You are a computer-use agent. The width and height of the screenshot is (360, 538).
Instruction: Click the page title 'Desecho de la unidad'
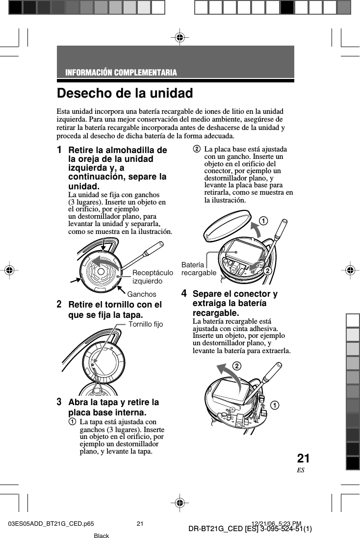click(x=125, y=93)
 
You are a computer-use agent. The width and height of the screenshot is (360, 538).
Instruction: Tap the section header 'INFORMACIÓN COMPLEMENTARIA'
click(x=121, y=73)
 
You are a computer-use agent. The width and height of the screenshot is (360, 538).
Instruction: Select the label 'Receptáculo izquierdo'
click(x=153, y=277)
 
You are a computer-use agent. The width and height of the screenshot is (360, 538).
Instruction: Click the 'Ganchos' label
click(x=142, y=294)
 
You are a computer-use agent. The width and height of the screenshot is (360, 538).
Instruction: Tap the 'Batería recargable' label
click(x=199, y=269)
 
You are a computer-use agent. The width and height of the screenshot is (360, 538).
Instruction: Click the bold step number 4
click(x=184, y=294)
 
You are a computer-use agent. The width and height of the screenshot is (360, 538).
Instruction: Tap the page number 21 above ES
click(x=303, y=459)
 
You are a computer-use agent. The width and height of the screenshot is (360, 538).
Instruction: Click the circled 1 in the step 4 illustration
click(x=273, y=405)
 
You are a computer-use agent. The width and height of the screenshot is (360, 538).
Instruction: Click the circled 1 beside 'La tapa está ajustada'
click(x=72, y=422)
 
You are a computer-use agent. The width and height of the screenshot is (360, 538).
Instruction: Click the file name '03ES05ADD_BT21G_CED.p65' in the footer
click(x=51, y=524)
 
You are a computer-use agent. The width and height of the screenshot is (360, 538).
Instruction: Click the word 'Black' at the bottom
click(x=101, y=536)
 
